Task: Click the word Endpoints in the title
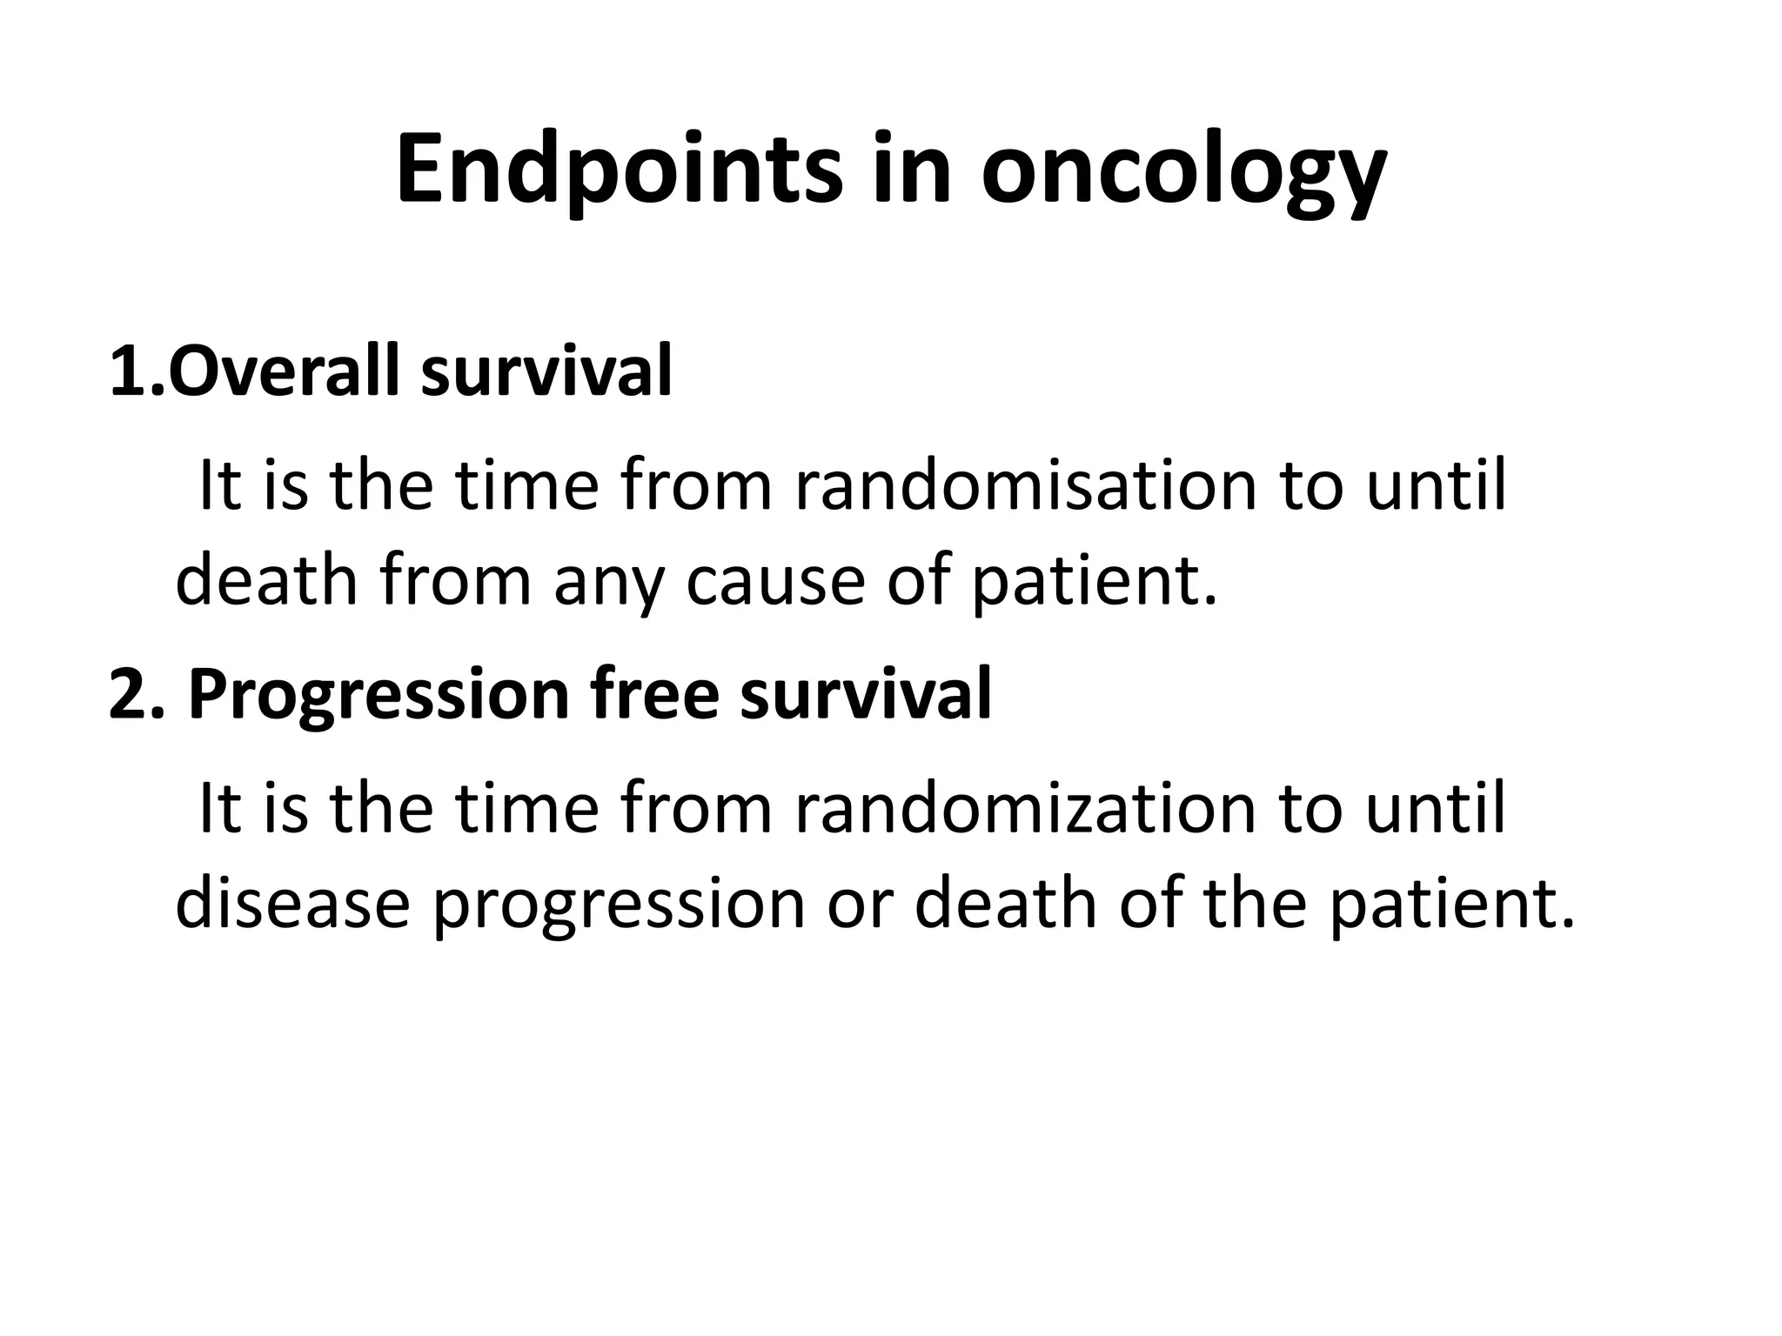(x=619, y=170)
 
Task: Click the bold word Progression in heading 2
(x=378, y=695)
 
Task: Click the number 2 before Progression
(x=128, y=695)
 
